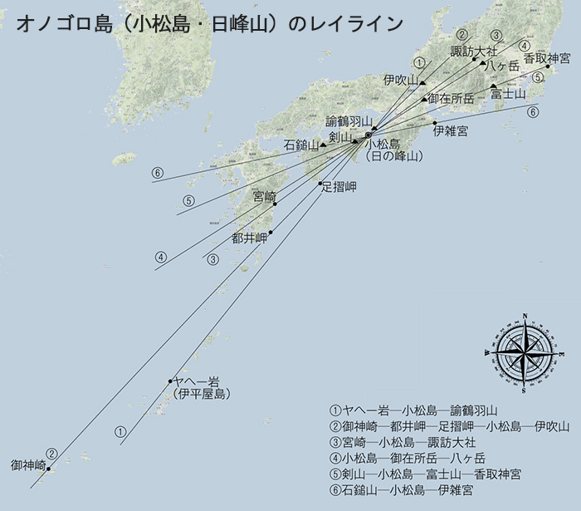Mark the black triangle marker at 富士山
click(x=493, y=86)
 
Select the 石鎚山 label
click(x=300, y=145)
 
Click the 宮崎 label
click(x=264, y=196)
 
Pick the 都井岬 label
click(x=249, y=238)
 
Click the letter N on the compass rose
click(x=525, y=317)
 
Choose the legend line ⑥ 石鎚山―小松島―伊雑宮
click(x=402, y=491)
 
